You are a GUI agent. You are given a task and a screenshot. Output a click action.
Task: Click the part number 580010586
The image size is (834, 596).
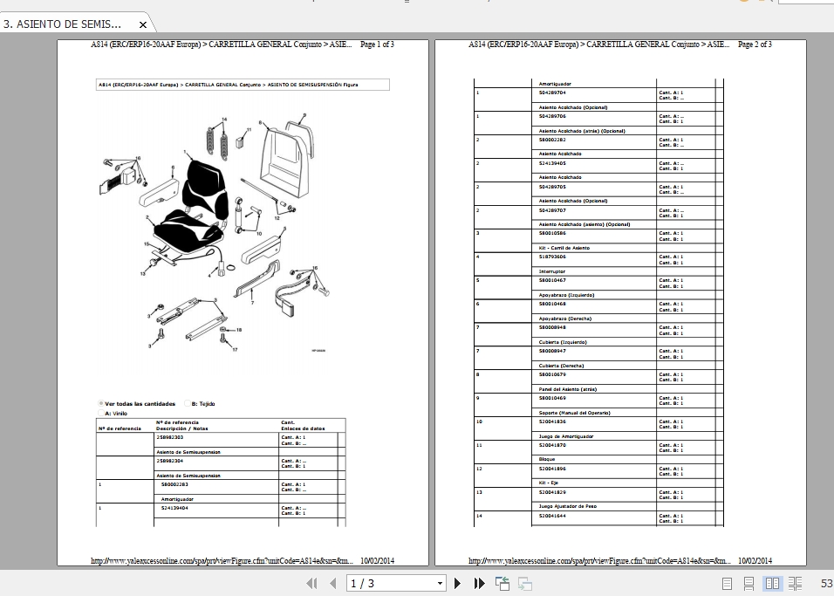click(x=552, y=233)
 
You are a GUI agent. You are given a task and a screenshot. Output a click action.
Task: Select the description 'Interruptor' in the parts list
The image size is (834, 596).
click(x=552, y=271)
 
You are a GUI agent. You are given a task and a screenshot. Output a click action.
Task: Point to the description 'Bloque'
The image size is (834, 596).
click(x=547, y=458)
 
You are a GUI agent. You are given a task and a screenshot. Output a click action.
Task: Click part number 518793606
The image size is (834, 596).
click(x=552, y=257)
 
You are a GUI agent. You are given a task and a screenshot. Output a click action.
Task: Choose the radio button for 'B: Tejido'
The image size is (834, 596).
click(x=185, y=404)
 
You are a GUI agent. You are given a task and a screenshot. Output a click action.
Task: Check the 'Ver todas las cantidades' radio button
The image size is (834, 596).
click(x=100, y=404)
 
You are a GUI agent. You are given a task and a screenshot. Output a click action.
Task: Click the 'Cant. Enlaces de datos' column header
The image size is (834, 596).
click(x=301, y=425)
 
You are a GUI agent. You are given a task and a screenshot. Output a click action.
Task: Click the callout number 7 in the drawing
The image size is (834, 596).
click(x=251, y=302)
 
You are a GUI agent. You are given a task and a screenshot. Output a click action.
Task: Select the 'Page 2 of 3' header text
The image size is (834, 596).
click(x=755, y=45)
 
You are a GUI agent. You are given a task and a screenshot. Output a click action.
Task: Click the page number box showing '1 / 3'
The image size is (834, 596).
click(x=397, y=583)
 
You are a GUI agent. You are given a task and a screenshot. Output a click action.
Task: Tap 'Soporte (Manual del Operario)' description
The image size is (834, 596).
click(x=574, y=412)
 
